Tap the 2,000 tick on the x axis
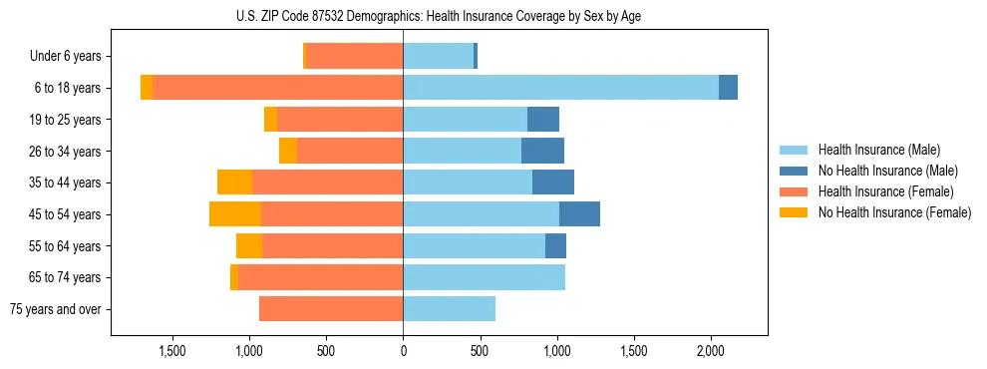coord(710,351)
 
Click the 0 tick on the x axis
coord(403,351)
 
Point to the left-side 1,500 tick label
coord(172,351)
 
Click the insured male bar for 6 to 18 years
coord(560,88)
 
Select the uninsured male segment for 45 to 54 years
coord(579,214)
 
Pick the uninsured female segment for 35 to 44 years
coord(234,183)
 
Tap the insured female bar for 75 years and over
coord(331,309)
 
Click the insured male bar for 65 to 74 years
coord(484,277)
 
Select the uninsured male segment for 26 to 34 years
coord(542,152)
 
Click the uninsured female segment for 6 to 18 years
coord(147,88)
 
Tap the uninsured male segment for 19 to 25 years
coord(543,120)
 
